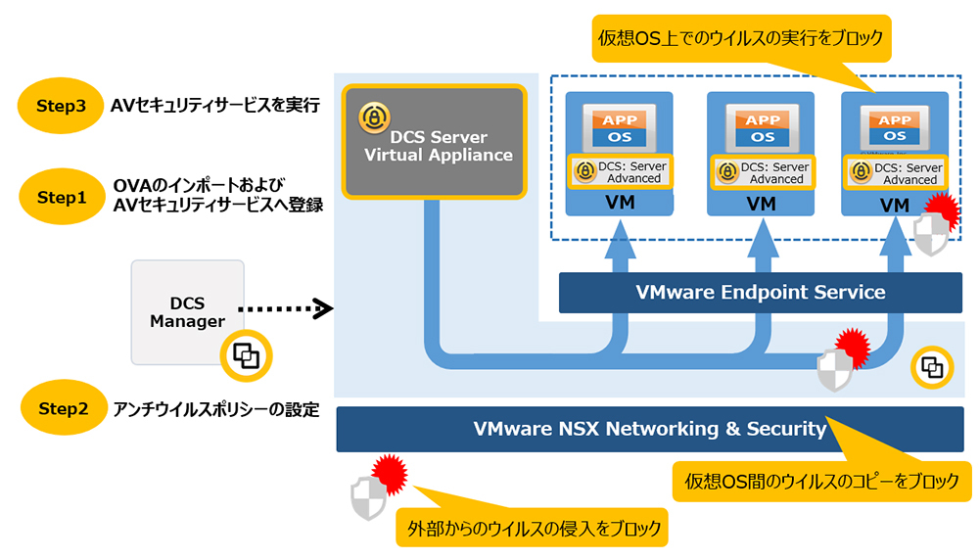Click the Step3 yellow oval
(x=61, y=107)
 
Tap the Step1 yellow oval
(x=61, y=197)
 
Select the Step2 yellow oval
(x=61, y=408)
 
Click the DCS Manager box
(x=187, y=312)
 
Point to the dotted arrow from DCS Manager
(x=284, y=309)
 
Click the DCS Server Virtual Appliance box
(x=435, y=140)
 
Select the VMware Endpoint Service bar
(x=760, y=292)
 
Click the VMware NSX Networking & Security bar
(x=649, y=429)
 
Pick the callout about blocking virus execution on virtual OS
(x=740, y=39)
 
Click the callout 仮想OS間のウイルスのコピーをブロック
(x=821, y=482)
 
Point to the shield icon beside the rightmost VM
(x=930, y=233)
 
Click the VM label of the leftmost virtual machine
(x=619, y=205)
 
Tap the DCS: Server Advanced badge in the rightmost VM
(x=895, y=173)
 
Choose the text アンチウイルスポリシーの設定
(x=215, y=409)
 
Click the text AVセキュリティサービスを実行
(x=215, y=107)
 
